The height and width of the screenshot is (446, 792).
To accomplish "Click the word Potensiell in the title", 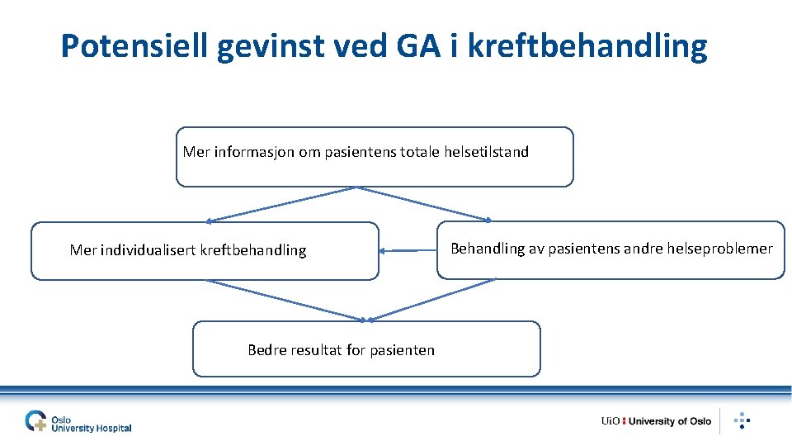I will point(135,47).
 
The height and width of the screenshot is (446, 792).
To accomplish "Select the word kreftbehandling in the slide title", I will point(587,47).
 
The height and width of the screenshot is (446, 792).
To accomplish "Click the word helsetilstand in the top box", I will point(486,152).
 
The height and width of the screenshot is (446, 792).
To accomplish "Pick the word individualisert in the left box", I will point(147,250).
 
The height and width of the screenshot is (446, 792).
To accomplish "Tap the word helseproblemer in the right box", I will point(724,249).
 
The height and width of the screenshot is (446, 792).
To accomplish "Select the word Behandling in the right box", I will point(487,249).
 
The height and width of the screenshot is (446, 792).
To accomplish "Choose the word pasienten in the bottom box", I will point(402,350).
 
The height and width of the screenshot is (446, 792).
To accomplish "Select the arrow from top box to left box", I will point(280,204).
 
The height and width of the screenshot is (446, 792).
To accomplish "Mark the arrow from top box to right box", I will point(425,204).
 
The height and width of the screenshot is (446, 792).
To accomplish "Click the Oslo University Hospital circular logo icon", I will point(36,421).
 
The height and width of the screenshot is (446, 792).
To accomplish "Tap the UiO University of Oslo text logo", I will point(656,421).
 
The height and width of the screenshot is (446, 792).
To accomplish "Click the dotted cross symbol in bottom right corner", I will point(742,420).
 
